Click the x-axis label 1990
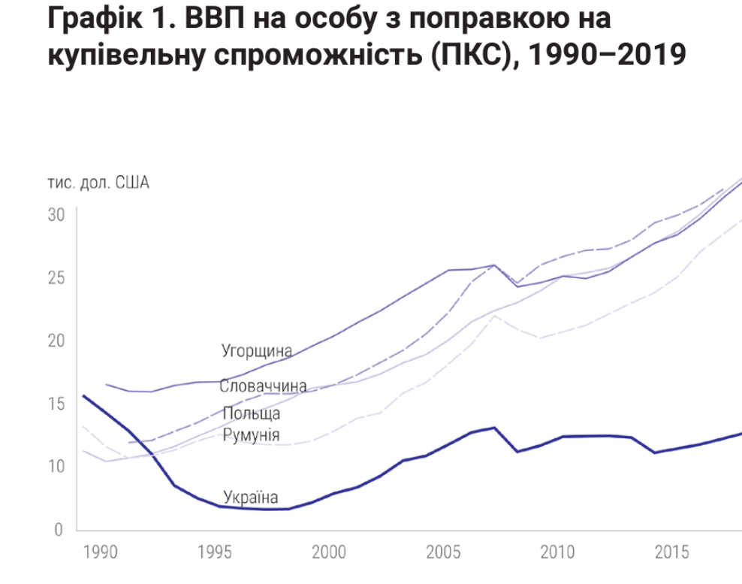click(x=100, y=553)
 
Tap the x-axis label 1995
click(x=214, y=553)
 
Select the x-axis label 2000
click(x=328, y=553)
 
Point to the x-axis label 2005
click(x=443, y=553)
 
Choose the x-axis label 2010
click(x=557, y=553)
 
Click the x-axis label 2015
click(x=671, y=553)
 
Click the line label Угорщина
click(x=256, y=351)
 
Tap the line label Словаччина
click(x=263, y=386)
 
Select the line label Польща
click(x=252, y=413)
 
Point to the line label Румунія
click(x=252, y=435)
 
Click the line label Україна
click(x=251, y=497)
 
